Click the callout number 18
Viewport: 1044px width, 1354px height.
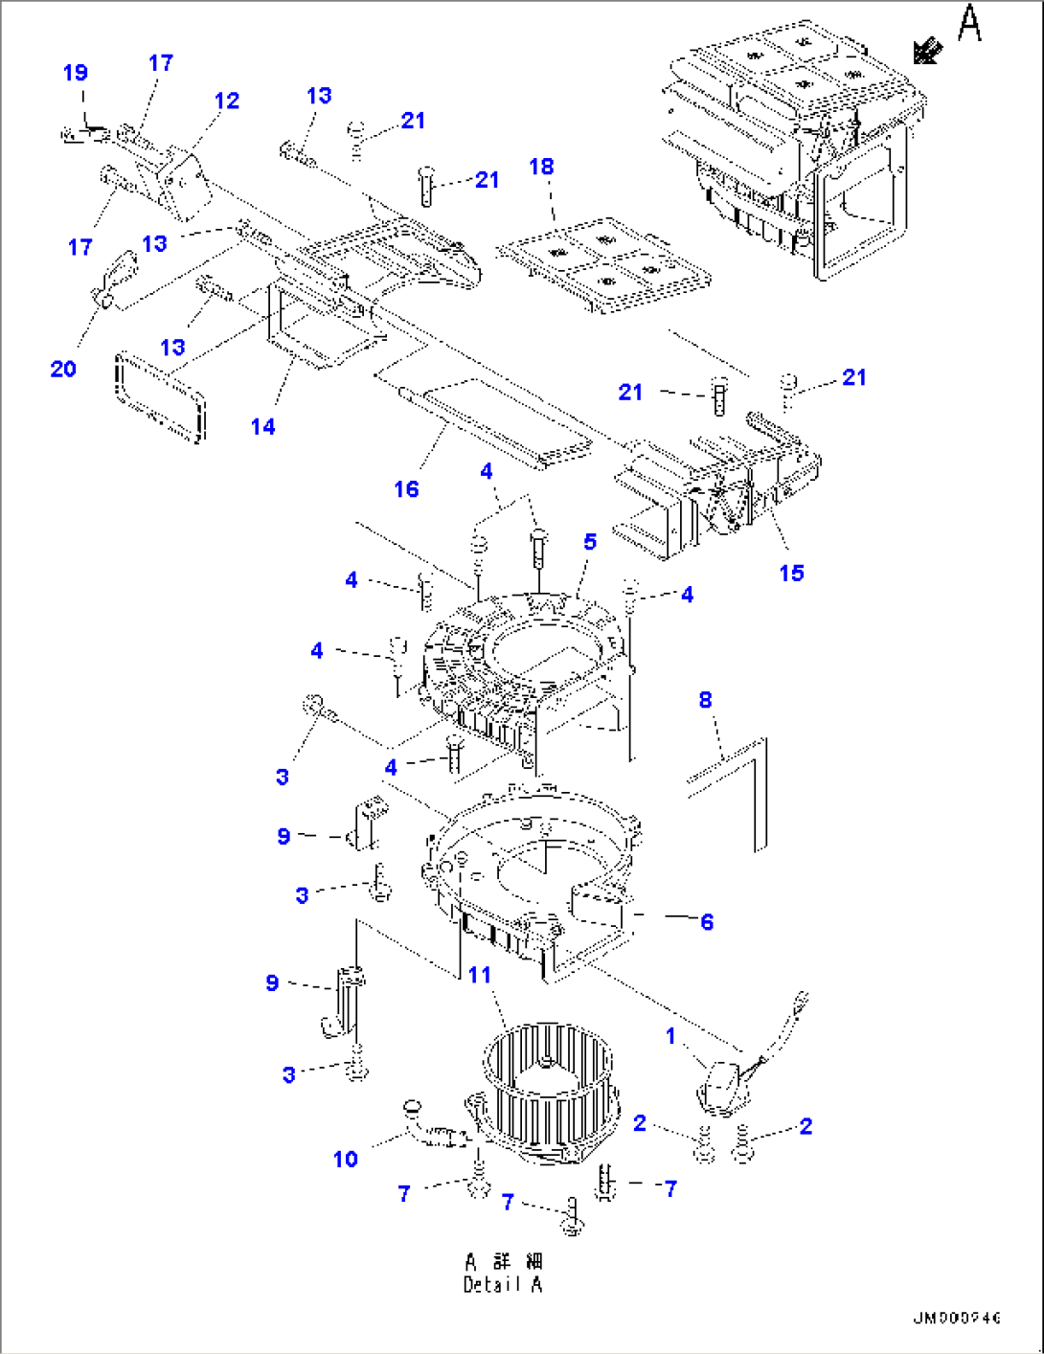(x=541, y=167)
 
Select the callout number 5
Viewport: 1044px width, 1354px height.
(x=590, y=542)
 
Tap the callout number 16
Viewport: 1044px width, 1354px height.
(x=406, y=489)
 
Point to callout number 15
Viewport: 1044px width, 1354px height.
(x=791, y=573)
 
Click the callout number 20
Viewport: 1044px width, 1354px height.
(x=63, y=369)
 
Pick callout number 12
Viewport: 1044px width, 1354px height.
(x=227, y=101)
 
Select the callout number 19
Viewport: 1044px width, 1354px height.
(x=76, y=73)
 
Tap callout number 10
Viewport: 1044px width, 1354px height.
(x=345, y=1159)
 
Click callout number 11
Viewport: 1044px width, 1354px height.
(x=479, y=975)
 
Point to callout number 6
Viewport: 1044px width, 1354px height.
(x=707, y=921)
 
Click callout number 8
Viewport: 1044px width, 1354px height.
(x=705, y=700)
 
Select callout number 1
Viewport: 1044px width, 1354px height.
(x=670, y=1035)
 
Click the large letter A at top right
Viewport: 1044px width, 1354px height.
(x=969, y=23)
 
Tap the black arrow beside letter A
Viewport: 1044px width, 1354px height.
(x=926, y=51)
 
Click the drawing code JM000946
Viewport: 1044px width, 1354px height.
(x=956, y=1319)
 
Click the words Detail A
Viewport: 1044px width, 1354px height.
(x=503, y=1284)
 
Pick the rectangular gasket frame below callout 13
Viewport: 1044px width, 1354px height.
(x=160, y=395)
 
